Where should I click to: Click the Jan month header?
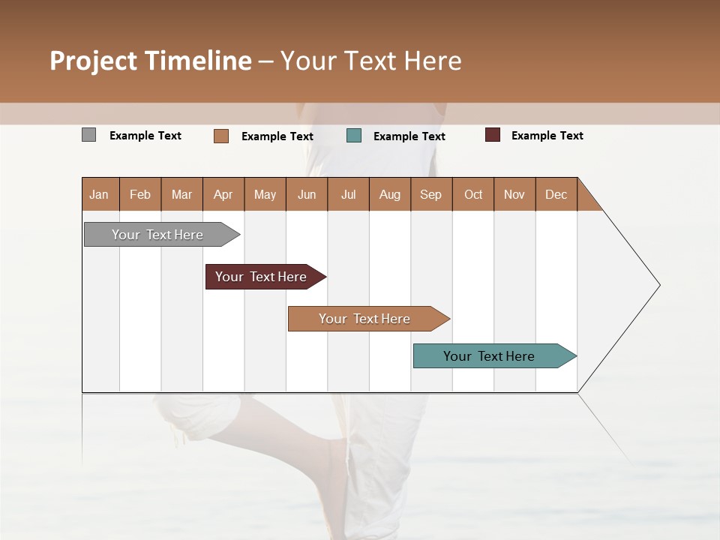click(100, 194)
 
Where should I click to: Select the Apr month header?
click(223, 194)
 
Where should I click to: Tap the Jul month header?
click(348, 194)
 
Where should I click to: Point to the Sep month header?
click(430, 194)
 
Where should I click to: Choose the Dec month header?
click(556, 194)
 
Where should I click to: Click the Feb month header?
click(140, 194)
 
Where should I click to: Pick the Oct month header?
click(473, 194)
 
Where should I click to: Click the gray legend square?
click(89, 135)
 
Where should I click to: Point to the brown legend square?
click(221, 136)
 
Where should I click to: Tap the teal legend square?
click(354, 136)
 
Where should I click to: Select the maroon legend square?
click(493, 135)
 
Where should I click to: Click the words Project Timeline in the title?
click(151, 61)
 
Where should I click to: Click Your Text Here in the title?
click(371, 61)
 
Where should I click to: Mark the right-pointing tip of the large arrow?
click(658, 285)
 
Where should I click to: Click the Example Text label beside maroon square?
click(547, 136)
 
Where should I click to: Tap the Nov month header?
click(514, 194)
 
